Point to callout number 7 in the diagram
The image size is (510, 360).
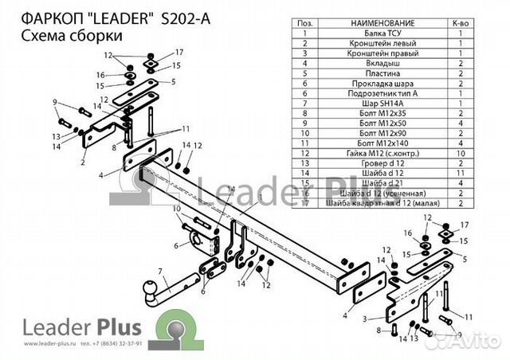point(161,272)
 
